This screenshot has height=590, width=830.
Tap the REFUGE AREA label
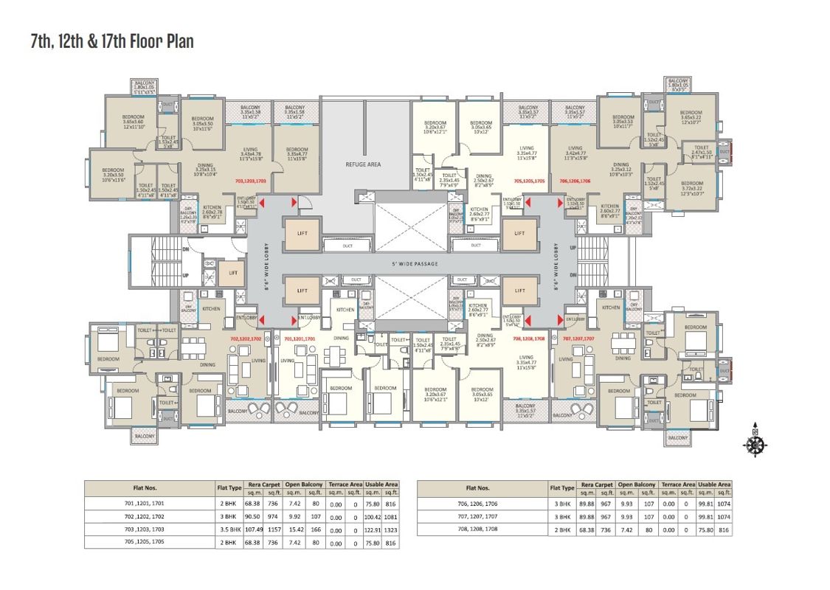(x=363, y=164)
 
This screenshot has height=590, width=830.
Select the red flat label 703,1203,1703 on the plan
(x=250, y=180)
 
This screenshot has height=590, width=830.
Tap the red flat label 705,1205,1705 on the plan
(x=528, y=180)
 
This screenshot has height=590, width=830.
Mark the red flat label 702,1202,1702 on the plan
(x=246, y=339)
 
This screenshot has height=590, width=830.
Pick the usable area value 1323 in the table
(x=390, y=530)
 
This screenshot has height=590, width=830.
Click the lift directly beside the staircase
(x=232, y=273)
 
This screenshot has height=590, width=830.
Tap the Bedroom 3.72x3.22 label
(x=692, y=188)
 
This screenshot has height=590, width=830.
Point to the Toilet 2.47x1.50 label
(x=702, y=151)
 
